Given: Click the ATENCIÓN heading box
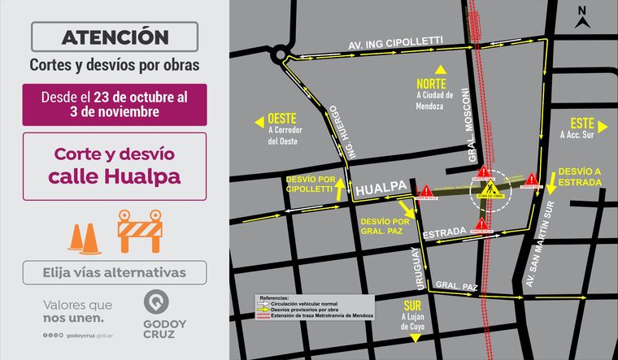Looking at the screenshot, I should (115, 37).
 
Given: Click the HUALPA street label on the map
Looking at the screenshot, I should (381, 188).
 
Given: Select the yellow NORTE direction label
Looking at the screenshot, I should (433, 84).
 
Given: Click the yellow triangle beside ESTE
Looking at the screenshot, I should (602, 126).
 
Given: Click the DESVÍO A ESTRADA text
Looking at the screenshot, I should (580, 176).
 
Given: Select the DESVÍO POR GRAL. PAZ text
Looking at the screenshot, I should (384, 224).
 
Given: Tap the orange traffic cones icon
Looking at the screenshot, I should (85, 236).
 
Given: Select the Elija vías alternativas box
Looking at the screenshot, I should (115, 272).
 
